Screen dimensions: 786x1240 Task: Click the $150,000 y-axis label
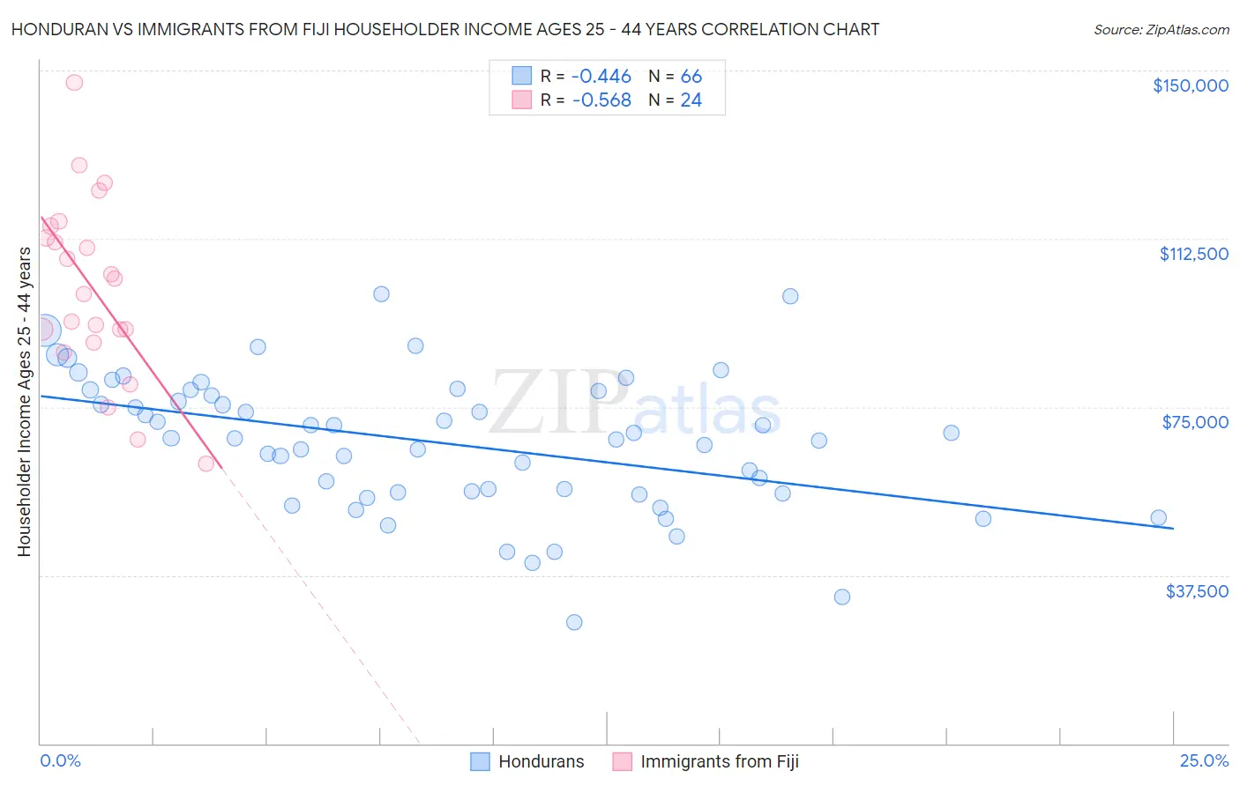click(x=1190, y=85)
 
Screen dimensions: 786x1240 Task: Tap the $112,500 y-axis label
click(x=1193, y=254)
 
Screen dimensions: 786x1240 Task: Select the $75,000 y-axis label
click(x=1195, y=422)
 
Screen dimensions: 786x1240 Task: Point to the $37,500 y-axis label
click(x=1197, y=591)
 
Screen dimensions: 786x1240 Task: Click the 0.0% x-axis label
click(x=60, y=760)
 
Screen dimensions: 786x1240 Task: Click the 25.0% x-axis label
click(x=1204, y=760)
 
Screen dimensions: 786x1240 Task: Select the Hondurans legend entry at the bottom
click(x=527, y=761)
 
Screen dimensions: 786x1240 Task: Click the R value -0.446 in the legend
click(x=601, y=77)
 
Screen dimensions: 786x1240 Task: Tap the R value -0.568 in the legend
click(x=601, y=100)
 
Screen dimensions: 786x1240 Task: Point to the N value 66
click(x=691, y=77)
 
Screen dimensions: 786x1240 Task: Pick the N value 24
click(x=691, y=100)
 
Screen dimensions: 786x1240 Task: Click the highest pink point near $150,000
click(x=74, y=83)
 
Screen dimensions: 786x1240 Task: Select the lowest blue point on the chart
click(x=574, y=622)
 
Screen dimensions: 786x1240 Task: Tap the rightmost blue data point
click(x=1158, y=518)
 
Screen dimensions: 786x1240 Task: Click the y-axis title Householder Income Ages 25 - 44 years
click(x=24, y=402)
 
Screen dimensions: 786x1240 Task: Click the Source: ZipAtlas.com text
click(x=1161, y=30)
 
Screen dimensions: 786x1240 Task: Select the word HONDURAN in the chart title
click(x=54, y=30)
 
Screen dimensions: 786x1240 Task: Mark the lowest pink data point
click(x=206, y=463)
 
